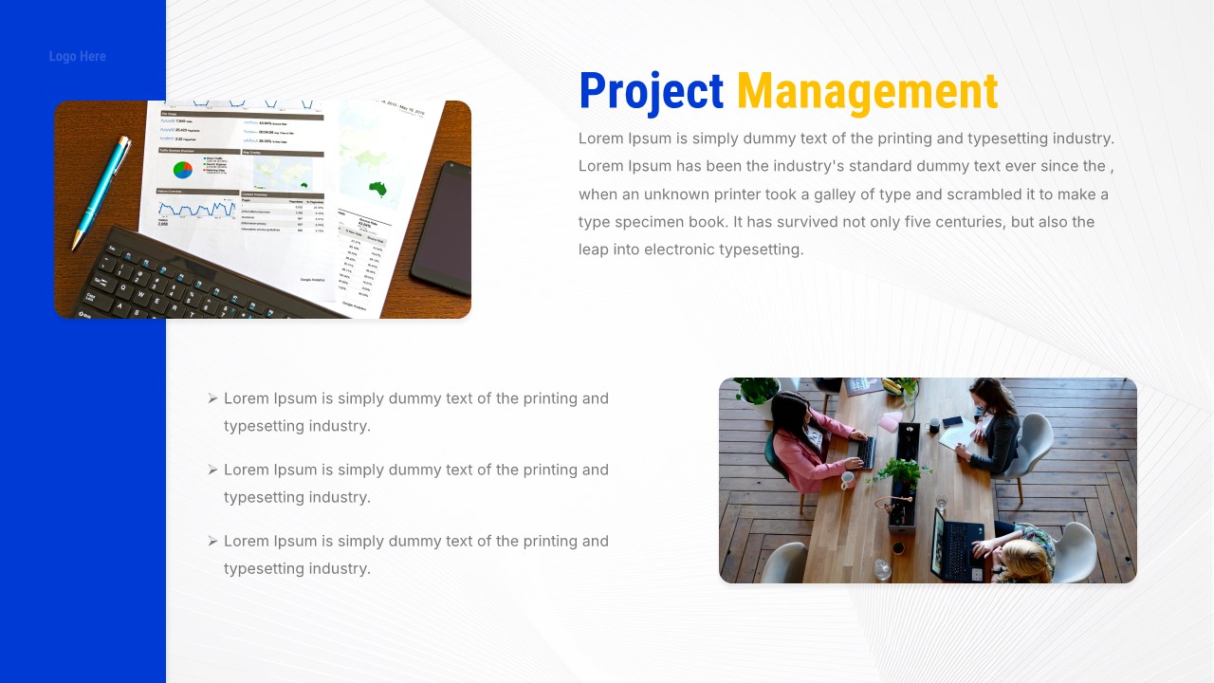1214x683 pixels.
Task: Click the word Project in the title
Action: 651,93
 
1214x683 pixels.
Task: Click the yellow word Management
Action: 867,93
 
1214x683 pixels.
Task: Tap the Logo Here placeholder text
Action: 78,57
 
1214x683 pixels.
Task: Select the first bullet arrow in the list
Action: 213,398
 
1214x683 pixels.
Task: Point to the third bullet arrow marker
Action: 213,541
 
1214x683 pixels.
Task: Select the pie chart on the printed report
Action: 183,169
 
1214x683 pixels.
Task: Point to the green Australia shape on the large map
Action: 379,188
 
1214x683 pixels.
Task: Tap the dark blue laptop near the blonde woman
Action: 953,545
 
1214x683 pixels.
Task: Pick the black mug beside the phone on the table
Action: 935,423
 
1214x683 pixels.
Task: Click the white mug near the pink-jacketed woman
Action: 848,480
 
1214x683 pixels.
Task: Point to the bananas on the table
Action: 892,385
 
